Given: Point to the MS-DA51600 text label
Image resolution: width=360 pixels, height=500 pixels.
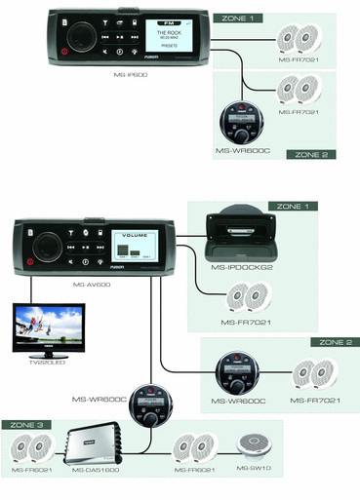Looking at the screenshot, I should (x=98, y=472).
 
